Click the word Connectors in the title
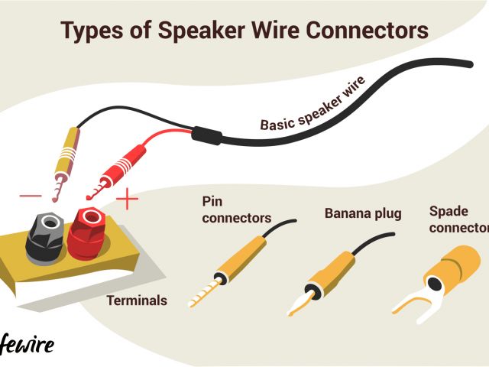[x=366, y=31]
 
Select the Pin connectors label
[x=235, y=209]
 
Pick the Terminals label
[x=137, y=300]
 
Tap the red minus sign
[x=31, y=196]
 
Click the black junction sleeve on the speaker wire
[x=206, y=135]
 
